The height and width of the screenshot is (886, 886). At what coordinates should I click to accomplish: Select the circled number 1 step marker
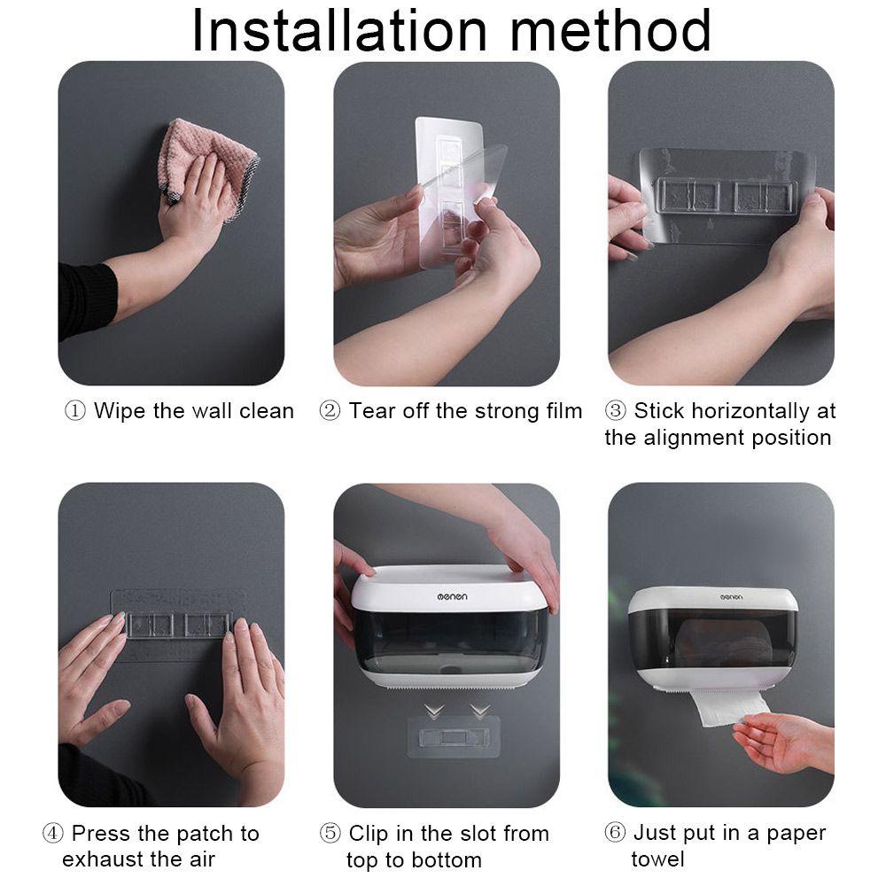pos(75,411)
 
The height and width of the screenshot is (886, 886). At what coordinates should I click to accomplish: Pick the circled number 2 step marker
pos(330,411)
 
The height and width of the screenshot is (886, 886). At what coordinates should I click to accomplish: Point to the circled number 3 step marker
pos(616,410)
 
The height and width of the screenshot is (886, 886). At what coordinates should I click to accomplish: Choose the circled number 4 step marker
pos(52,833)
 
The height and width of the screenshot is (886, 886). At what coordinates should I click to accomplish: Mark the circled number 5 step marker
pos(330,833)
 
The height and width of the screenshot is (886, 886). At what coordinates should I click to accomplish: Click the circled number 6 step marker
pos(615,832)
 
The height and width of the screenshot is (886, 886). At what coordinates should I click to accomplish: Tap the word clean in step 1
pos(267,411)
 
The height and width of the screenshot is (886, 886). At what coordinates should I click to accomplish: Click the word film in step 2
pos(561,411)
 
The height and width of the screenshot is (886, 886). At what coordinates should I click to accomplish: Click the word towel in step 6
pos(657,859)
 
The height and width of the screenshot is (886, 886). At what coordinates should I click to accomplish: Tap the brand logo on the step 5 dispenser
pos(452,596)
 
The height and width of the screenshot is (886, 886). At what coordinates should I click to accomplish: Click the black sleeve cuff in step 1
pos(88,300)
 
